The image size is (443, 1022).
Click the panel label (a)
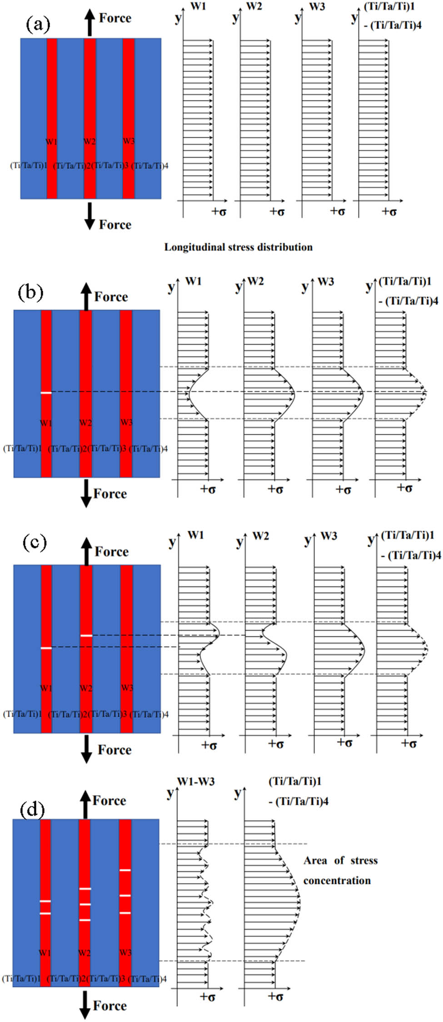click(x=38, y=24)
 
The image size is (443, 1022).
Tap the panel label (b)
click(x=30, y=292)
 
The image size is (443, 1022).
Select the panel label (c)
click(x=35, y=542)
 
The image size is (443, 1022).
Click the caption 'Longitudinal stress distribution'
click(x=238, y=247)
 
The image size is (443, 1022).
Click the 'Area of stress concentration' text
click(x=340, y=870)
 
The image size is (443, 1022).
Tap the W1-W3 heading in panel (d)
click(x=196, y=782)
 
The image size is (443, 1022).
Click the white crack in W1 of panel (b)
click(x=46, y=393)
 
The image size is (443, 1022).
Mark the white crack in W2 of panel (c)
click(x=86, y=635)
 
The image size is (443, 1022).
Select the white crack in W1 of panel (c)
click(x=46, y=648)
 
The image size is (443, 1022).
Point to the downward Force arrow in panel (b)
click(x=86, y=494)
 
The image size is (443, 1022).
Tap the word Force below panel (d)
click(x=110, y=1006)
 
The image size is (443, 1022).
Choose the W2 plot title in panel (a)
click(x=254, y=7)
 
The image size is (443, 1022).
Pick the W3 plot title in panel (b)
click(x=326, y=282)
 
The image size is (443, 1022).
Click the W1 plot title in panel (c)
click(x=196, y=535)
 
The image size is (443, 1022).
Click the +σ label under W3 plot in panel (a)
click(x=337, y=211)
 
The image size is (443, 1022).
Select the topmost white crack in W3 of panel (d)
click(x=125, y=870)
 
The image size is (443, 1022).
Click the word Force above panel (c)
click(x=111, y=552)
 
